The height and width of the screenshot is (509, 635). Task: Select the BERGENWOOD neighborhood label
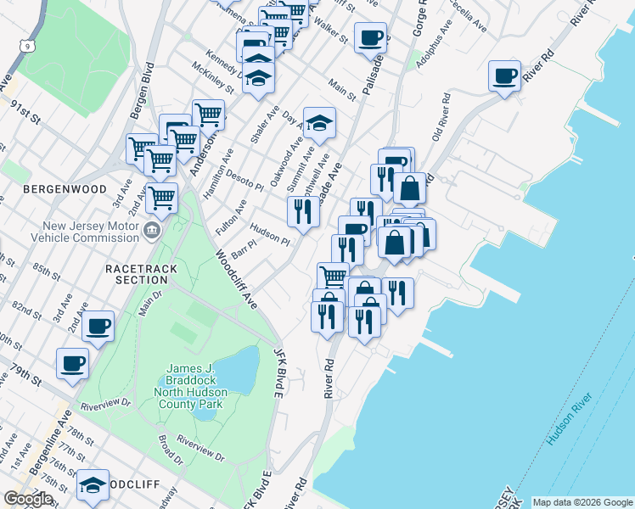point(65,188)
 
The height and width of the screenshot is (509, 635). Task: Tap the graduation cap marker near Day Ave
point(319,124)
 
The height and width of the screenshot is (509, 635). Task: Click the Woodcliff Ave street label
point(236,279)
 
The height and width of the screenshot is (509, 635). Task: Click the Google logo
point(28,499)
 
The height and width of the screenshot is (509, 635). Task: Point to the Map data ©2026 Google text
point(582,502)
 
